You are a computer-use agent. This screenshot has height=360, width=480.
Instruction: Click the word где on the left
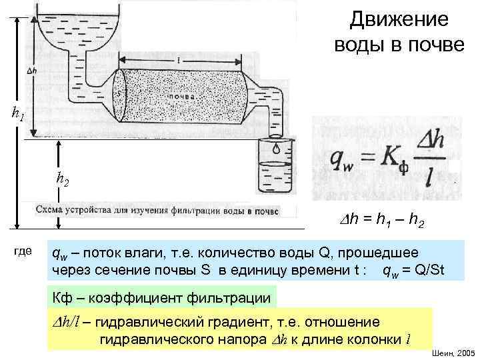point(23,251)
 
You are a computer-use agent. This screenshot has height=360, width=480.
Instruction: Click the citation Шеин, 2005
point(454,352)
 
